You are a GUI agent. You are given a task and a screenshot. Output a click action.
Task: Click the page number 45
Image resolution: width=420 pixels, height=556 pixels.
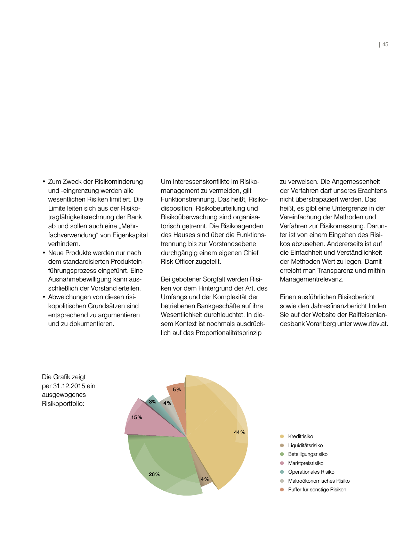[385, 44]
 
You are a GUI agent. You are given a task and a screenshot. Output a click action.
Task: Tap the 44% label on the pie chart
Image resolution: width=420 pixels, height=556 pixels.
[239, 432]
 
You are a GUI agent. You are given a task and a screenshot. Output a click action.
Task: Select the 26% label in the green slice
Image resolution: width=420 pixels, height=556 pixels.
[154, 474]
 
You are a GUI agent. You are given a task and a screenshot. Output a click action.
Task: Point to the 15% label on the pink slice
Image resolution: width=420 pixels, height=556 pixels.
[137, 417]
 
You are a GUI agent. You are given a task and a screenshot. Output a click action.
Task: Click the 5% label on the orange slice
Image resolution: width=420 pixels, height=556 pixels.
[177, 390]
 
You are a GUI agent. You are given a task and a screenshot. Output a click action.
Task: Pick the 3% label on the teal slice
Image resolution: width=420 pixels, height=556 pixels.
[152, 402]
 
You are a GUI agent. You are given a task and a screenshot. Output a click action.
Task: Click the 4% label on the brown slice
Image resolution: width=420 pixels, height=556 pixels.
[205, 479]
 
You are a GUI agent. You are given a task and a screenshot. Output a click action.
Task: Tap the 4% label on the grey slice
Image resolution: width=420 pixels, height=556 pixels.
[167, 403]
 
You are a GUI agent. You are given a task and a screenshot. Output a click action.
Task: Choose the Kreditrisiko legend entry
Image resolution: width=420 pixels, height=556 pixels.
[300, 436]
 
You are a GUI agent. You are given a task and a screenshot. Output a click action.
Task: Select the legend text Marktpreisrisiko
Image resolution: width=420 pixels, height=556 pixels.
[306, 463]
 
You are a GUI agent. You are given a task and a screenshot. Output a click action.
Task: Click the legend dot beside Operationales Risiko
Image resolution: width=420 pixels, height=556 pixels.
[282, 472]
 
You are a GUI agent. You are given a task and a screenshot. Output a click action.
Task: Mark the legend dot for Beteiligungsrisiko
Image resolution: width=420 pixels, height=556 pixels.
[282, 454]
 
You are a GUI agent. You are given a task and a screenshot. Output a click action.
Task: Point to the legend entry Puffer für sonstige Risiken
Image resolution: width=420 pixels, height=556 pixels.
[317, 490]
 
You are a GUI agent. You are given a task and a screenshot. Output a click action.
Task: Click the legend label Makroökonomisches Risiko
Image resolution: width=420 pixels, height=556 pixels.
[319, 481]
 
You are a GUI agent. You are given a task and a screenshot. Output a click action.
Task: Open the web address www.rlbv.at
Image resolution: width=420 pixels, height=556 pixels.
[371, 324]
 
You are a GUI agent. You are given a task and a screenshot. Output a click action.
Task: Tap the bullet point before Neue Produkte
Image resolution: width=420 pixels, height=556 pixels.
[44, 253]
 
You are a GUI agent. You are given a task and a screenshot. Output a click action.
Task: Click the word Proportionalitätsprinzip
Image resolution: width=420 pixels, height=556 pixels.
[228, 333]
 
